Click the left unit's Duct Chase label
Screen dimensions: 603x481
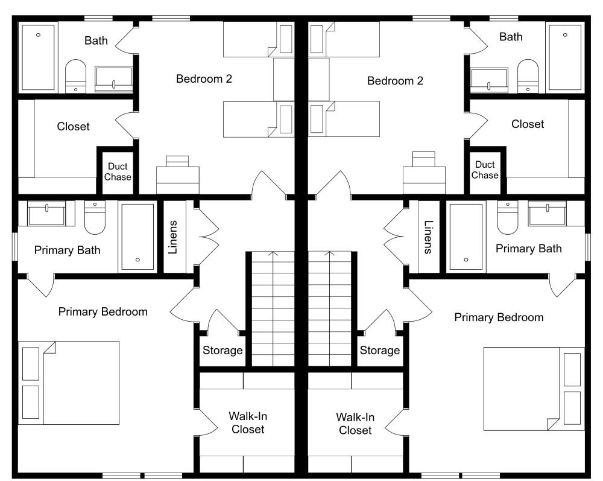pos(118,171)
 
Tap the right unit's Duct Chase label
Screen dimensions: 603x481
pos(485,170)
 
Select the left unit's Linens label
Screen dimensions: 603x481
pos(173,237)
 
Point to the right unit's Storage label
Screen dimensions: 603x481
pos(379,350)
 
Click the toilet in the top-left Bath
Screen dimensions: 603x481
pos(75,76)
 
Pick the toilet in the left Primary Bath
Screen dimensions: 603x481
pos(95,218)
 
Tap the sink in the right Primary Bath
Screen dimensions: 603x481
pos(547,214)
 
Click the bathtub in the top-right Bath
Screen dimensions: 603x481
pos(565,58)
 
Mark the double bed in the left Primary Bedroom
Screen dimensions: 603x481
pos(69,383)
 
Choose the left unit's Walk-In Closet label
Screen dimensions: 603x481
pos(248,422)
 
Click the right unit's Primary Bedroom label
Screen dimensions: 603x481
pos(499,317)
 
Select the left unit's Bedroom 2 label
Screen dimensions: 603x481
pos(204,79)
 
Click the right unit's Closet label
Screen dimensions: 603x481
pos(528,124)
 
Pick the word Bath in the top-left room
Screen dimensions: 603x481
pos(96,40)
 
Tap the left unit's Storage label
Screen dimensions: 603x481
pos(223,350)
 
